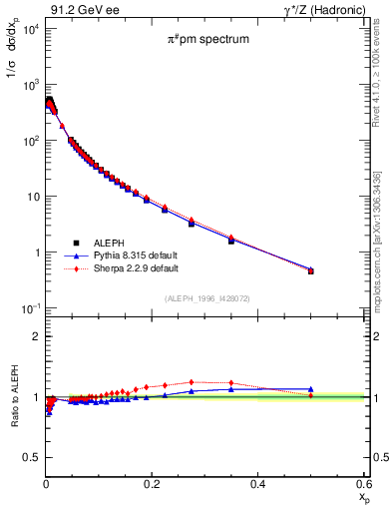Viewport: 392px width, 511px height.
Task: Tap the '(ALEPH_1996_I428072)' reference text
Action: point(206,298)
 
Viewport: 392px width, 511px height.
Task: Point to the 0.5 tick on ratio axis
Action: point(29,458)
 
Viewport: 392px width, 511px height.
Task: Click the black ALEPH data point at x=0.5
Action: point(311,270)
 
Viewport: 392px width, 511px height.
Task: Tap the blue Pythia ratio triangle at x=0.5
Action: point(311,389)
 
